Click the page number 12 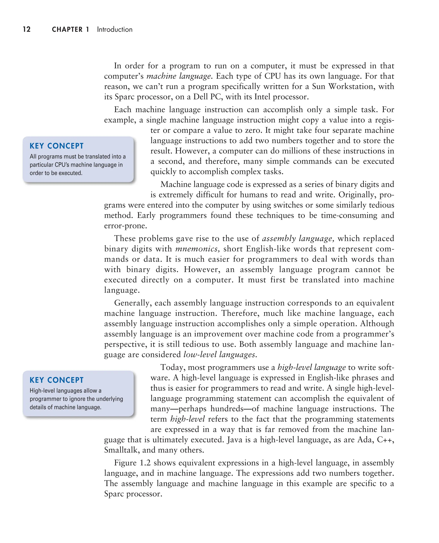[27, 29]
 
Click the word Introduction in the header [114, 29]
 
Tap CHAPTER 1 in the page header [70, 29]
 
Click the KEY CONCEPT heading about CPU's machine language [56, 146]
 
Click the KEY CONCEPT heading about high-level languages [56, 380]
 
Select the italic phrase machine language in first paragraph [179, 76]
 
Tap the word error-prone [125, 226]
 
